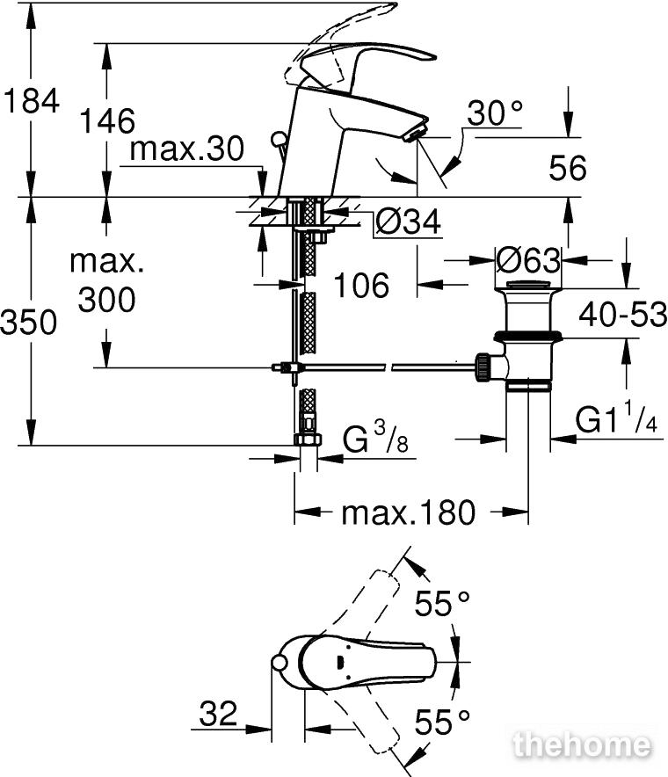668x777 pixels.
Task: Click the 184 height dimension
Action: [x=31, y=101]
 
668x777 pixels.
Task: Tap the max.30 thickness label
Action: [x=185, y=149]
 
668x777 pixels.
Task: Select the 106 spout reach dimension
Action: [x=361, y=285]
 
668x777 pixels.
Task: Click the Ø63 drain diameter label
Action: [x=528, y=260]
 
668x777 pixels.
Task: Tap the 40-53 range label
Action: [x=623, y=314]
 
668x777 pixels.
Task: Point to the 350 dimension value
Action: [x=29, y=323]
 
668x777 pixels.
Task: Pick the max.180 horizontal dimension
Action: [x=408, y=512]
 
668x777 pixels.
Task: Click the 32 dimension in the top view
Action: [x=218, y=714]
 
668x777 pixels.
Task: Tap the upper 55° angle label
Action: [x=442, y=603]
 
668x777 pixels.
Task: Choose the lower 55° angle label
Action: [x=442, y=723]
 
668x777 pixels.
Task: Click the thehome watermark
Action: [x=584, y=746]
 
